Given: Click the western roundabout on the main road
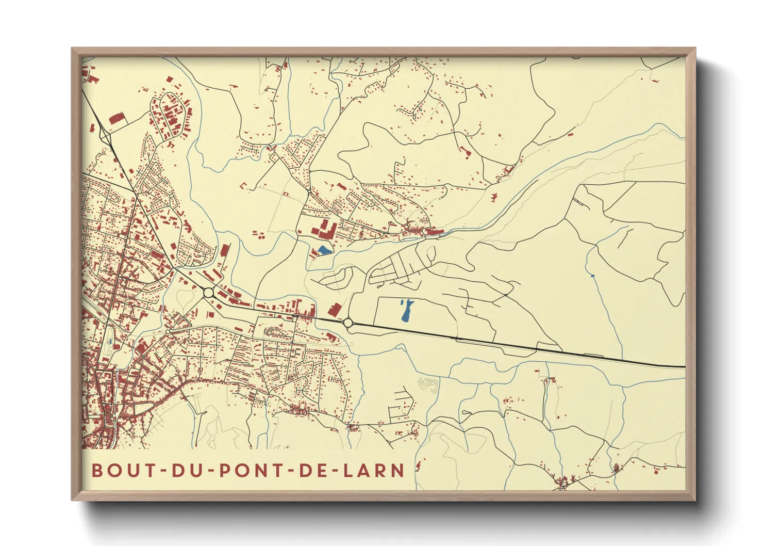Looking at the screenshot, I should (x=209, y=293).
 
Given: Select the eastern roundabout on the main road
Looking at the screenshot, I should (x=348, y=323).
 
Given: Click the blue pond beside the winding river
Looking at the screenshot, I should (x=324, y=250).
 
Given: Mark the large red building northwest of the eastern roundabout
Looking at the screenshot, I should (x=334, y=310).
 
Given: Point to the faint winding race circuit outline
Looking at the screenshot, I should (x=428, y=384).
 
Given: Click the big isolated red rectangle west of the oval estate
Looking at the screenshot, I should (x=117, y=120).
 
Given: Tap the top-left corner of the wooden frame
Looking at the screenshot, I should (x=73, y=49).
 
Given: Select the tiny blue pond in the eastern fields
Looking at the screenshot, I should (x=593, y=276).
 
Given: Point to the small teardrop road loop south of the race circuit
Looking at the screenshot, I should (x=467, y=412).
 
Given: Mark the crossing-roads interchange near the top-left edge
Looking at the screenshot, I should (x=106, y=135).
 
